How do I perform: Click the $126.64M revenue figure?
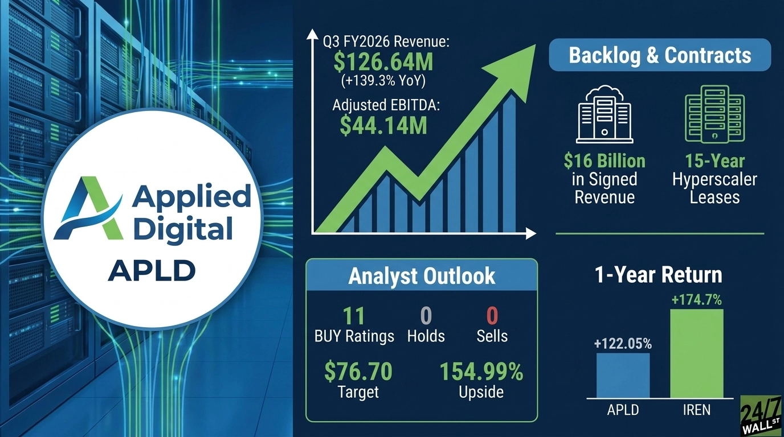[383, 61]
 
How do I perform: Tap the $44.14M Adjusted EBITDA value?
[383, 126]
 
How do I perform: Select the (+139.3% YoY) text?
[383, 81]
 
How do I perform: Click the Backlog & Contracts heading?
[660, 55]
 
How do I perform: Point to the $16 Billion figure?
[605, 161]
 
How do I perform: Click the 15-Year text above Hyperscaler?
[714, 161]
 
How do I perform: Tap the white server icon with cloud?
[605, 114]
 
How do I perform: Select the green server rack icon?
[714, 114]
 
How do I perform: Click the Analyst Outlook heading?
[422, 276]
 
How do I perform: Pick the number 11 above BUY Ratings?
[354, 316]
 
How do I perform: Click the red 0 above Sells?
[492, 316]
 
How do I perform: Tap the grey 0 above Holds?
[426, 316]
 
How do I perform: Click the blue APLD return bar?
[623, 376]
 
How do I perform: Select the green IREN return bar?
[696, 353]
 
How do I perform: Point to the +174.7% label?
[696, 300]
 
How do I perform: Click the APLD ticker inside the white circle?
[151, 270]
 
